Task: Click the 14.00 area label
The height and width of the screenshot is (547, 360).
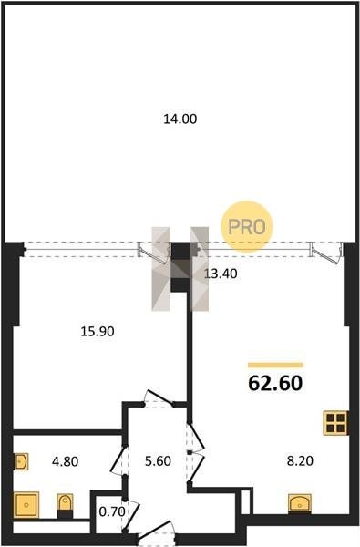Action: [x=180, y=119]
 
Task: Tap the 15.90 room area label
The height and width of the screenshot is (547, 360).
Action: [x=98, y=331]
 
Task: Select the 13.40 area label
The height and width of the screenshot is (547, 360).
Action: [x=221, y=273]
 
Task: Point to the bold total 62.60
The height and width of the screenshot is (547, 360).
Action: [x=275, y=383]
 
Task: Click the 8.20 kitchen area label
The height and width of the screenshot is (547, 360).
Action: [x=300, y=460]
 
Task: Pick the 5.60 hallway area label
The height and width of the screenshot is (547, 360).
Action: [x=158, y=461]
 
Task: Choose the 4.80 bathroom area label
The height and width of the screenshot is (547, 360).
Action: [x=66, y=461]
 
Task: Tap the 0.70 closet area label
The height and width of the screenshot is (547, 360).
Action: [x=112, y=511]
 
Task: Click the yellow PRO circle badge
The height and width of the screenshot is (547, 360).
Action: [x=247, y=226]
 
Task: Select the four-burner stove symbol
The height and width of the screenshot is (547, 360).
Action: [x=335, y=423]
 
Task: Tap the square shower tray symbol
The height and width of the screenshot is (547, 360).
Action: [x=26, y=505]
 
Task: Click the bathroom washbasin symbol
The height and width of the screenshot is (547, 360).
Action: [x=21, y=461]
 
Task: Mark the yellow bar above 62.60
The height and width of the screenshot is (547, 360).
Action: [x=275, y=366]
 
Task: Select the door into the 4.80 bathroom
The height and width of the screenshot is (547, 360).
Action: [x=118, y=460]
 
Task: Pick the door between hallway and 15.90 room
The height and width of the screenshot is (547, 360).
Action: [x=159, y=398]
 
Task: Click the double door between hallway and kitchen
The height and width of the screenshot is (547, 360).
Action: [x=195, y=452]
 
